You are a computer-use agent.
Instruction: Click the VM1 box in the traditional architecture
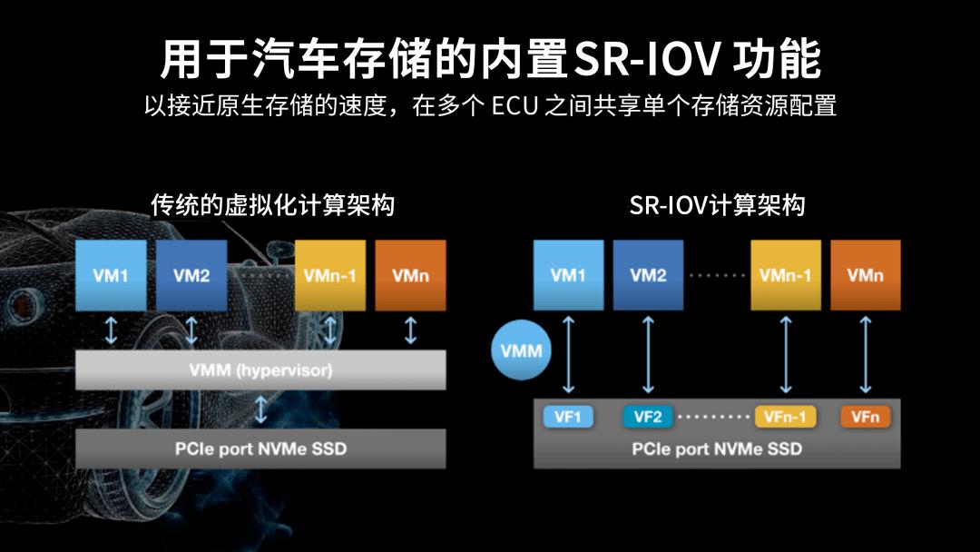(111, 276)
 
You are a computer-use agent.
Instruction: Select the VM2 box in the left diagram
(191, 276)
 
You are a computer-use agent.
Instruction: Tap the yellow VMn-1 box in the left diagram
(330, 276)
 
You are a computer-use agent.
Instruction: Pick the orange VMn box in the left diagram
(410, 276)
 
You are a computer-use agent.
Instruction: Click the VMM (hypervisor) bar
(260, 370)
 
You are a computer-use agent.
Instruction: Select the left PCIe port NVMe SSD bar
(260, 448)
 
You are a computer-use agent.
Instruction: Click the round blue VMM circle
(521, 350)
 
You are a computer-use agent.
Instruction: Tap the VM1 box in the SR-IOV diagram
(568, 276)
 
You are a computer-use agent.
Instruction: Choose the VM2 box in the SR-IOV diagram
(648, 276)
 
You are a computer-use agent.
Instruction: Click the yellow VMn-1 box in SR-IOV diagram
(786, 276)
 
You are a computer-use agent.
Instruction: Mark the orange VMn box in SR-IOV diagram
(866, 276)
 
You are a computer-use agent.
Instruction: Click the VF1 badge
(568, 417)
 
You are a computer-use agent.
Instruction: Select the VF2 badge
(648, 417)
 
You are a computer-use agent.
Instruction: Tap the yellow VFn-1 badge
(786, 417)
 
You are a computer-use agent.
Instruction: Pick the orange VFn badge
(866, 417)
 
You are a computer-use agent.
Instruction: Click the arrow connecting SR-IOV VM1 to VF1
(568, 354)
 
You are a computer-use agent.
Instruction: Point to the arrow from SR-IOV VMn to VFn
(866, 354)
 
